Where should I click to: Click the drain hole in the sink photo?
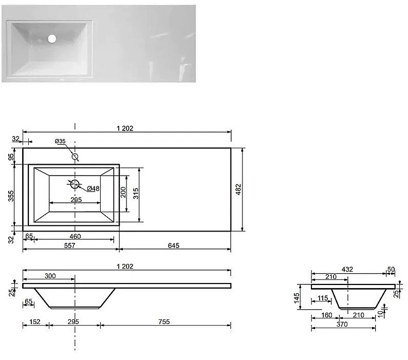52,39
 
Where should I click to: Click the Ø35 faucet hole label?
60,141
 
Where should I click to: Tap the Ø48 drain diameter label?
93,188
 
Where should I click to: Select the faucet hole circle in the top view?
75,157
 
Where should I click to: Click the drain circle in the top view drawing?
75,184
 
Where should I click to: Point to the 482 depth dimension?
238,190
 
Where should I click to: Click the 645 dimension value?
174,245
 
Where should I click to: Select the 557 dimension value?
69,245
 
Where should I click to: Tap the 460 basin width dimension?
75,236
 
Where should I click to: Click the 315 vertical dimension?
136,193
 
